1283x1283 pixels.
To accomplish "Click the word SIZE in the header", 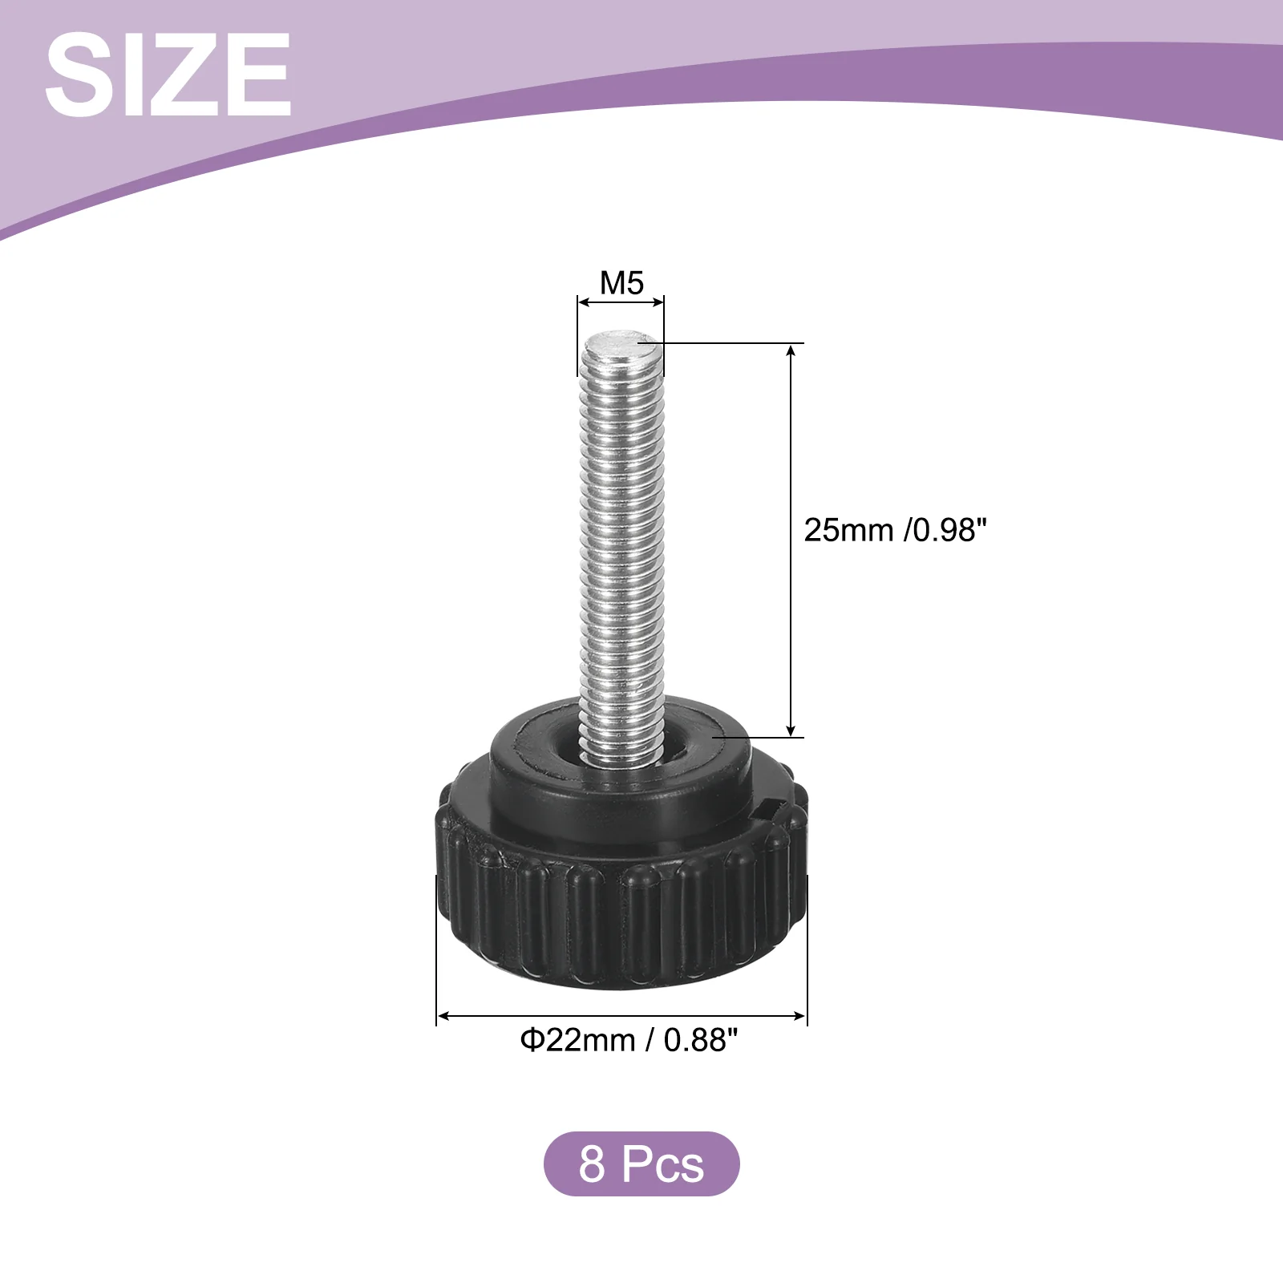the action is [168, 75].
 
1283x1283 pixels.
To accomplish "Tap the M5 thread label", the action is [621, 283].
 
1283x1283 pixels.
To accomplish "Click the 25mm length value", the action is [848, 530].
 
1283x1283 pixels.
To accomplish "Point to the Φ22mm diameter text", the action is [577, 1040].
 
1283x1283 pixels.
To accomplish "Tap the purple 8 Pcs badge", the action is [641, 1164].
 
